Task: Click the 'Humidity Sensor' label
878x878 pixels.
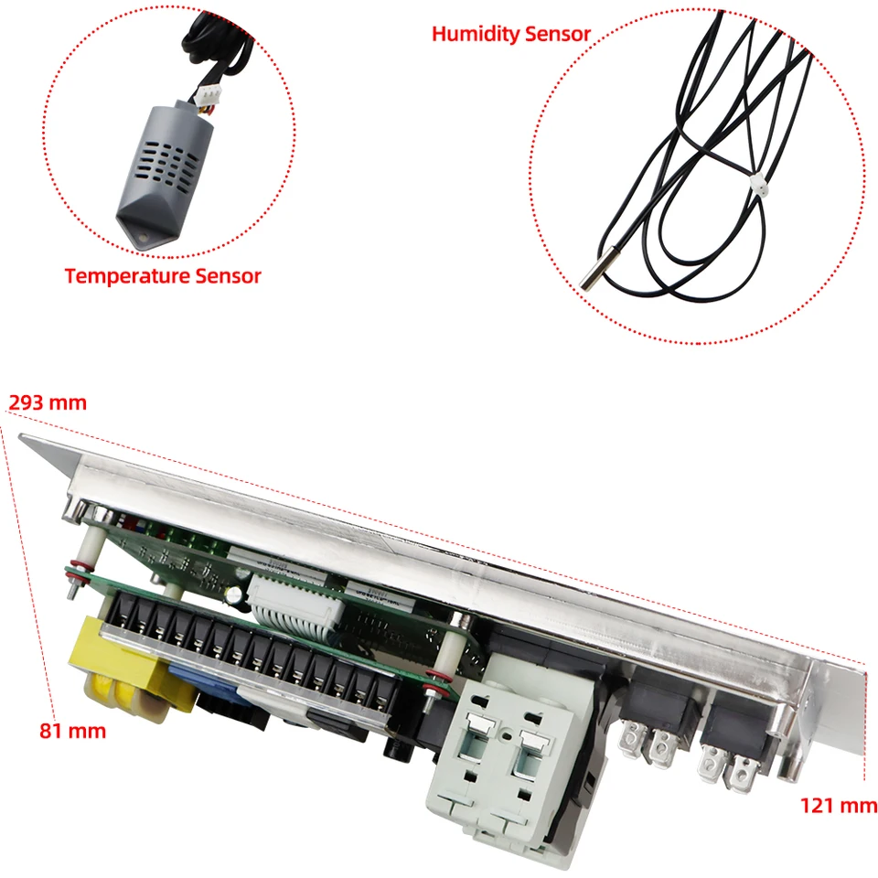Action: tap(510, 34)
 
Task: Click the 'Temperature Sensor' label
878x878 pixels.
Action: tap(163, 276)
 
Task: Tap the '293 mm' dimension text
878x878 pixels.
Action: tap(48, 402)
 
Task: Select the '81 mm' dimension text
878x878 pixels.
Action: tap(73, 731)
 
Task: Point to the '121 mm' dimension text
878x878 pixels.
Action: tap(839, 805)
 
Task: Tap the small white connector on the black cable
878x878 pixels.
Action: tap(758, 184)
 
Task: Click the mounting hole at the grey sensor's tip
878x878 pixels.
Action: tap(144, 238)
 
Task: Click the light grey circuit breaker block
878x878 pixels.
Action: tap(502, 762)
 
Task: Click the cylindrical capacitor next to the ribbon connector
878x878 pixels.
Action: tap(235, 595)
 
